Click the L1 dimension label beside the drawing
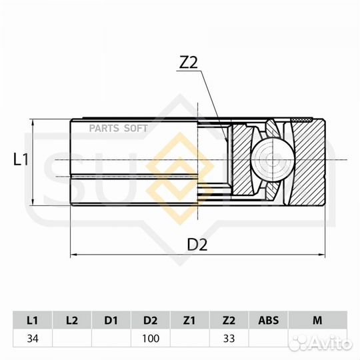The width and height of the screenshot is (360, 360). [21, 159]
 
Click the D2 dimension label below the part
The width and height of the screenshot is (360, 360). [197, 244]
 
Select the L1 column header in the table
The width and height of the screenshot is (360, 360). [32, 321]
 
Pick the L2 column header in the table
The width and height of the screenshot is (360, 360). [71, 321]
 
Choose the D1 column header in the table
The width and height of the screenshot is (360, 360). [111, 321]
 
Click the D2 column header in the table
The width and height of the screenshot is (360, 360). [151, 321]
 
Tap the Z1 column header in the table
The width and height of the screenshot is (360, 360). [190, 321]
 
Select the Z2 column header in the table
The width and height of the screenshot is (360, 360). [229, 321]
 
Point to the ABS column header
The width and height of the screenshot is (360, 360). [268, 321]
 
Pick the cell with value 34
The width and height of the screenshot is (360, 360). [32, 339]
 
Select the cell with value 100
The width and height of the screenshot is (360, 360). [151, 339]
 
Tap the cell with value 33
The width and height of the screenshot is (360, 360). [229, 339]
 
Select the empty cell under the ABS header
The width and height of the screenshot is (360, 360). [268, 339]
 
